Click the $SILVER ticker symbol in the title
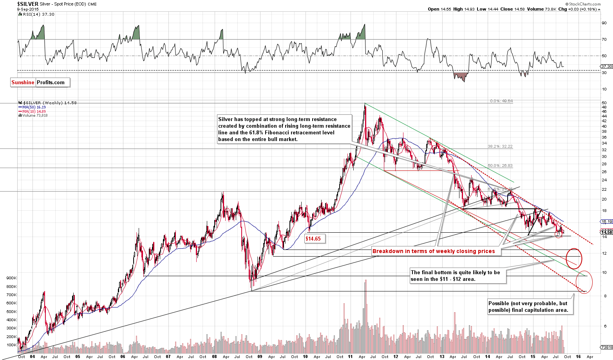27,4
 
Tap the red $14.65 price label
313,238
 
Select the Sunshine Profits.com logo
40,82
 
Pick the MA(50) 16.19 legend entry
31,107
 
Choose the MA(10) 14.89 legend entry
31,111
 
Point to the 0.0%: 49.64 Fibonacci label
501,101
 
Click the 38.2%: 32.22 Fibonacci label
500,147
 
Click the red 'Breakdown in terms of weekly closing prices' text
434,251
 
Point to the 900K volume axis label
11,278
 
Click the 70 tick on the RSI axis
604,40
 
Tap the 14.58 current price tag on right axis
606,232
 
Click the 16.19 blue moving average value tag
606,221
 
